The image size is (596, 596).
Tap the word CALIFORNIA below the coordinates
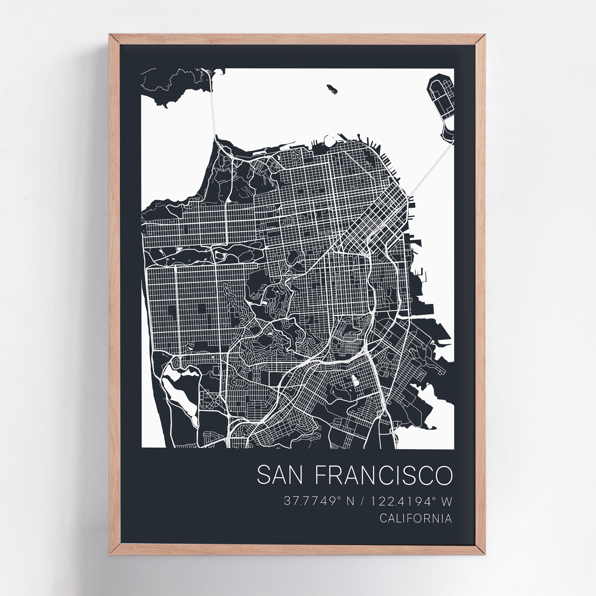coord(416,518)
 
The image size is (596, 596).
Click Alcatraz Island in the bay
coord(332,89)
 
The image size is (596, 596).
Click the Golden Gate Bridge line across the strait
coord(212,111)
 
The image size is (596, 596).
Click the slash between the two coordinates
coord(362,501)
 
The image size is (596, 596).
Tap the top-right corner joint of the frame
coord(480,40)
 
